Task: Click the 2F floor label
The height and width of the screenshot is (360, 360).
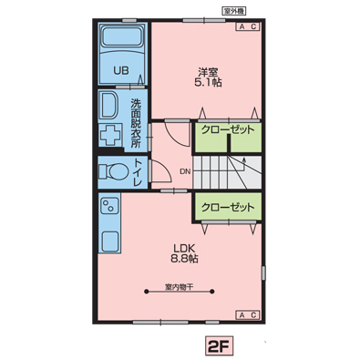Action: (220, 346)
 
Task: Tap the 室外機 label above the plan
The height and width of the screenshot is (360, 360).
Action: (233, 11)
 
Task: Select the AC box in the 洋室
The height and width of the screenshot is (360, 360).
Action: (248, 26)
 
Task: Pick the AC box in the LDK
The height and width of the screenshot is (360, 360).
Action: (248, 314)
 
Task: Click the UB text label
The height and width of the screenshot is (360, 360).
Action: (121, 70)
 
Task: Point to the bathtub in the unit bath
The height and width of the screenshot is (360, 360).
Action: (122, 36)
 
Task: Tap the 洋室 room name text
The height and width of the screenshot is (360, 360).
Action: (208, 73)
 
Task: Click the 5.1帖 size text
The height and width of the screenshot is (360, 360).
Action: (208, 82)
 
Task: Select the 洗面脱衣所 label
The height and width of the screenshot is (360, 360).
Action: (136, 123)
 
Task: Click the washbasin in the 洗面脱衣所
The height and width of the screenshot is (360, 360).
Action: (108, 105)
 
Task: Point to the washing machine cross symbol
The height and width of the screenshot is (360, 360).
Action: (110, 135)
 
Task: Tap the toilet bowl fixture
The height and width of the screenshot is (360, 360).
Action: (114, 171)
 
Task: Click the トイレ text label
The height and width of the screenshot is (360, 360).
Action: (138, 172)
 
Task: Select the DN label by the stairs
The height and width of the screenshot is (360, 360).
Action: (185, 171)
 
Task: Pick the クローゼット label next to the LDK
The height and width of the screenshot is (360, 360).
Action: (228, 207)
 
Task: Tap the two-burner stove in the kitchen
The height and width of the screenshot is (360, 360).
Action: (108, 206)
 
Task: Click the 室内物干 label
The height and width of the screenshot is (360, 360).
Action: (180, 287)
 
